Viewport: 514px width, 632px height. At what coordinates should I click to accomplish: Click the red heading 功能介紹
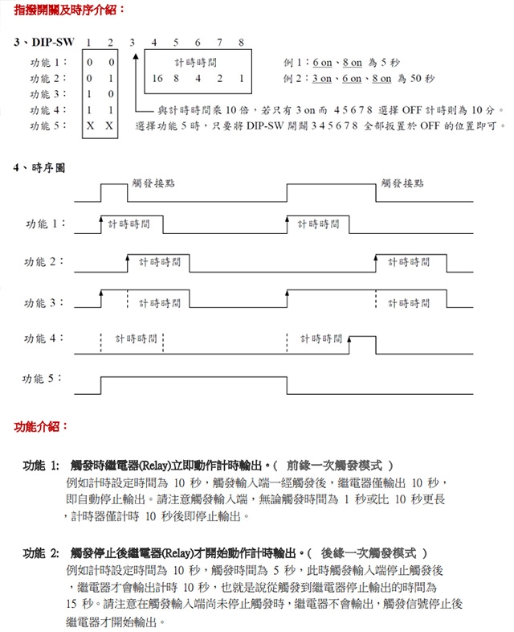coord(42,426)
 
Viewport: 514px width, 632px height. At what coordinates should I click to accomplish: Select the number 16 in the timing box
coord(157,79)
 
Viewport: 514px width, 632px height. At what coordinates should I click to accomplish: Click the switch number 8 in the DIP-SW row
coord(241,43)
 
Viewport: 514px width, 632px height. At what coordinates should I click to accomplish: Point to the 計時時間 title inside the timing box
coord(196,62)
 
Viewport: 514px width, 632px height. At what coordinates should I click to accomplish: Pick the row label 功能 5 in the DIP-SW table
coord(48,126)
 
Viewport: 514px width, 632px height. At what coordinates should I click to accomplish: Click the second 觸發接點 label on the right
coord(402,183)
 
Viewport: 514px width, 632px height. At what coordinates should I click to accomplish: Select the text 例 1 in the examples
coord(294,62)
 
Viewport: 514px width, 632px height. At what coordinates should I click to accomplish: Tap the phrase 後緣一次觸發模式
coord(371,554)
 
